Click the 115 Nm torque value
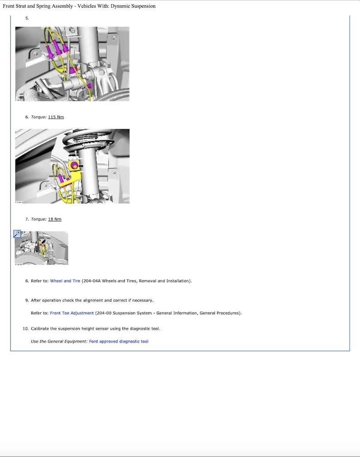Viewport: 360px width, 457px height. pyautogui.click(x=56, y=117)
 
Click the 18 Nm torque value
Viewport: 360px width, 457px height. pyautogui.click(x=54, y=219)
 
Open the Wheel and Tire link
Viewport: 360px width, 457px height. pyautogui.click(x=65, y=281)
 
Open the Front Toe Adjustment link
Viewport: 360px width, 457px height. pyautogui.click(x=72, y=313)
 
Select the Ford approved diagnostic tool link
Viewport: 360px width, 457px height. pyautogui.click(x=118, y=341)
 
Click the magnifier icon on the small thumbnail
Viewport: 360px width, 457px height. pyautogui.click(x=18, y=234)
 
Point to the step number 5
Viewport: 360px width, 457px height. pyautogui.click(x=27, y=18)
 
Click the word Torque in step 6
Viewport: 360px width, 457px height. pyautogui.click(x=39, y=117)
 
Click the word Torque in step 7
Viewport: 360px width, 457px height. pyautogui.click(x=39, y=219)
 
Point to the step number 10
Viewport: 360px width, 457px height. pyautogui.click(x=25, y=328)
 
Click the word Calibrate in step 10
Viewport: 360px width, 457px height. pyautogui.click(x=39, y=328)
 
